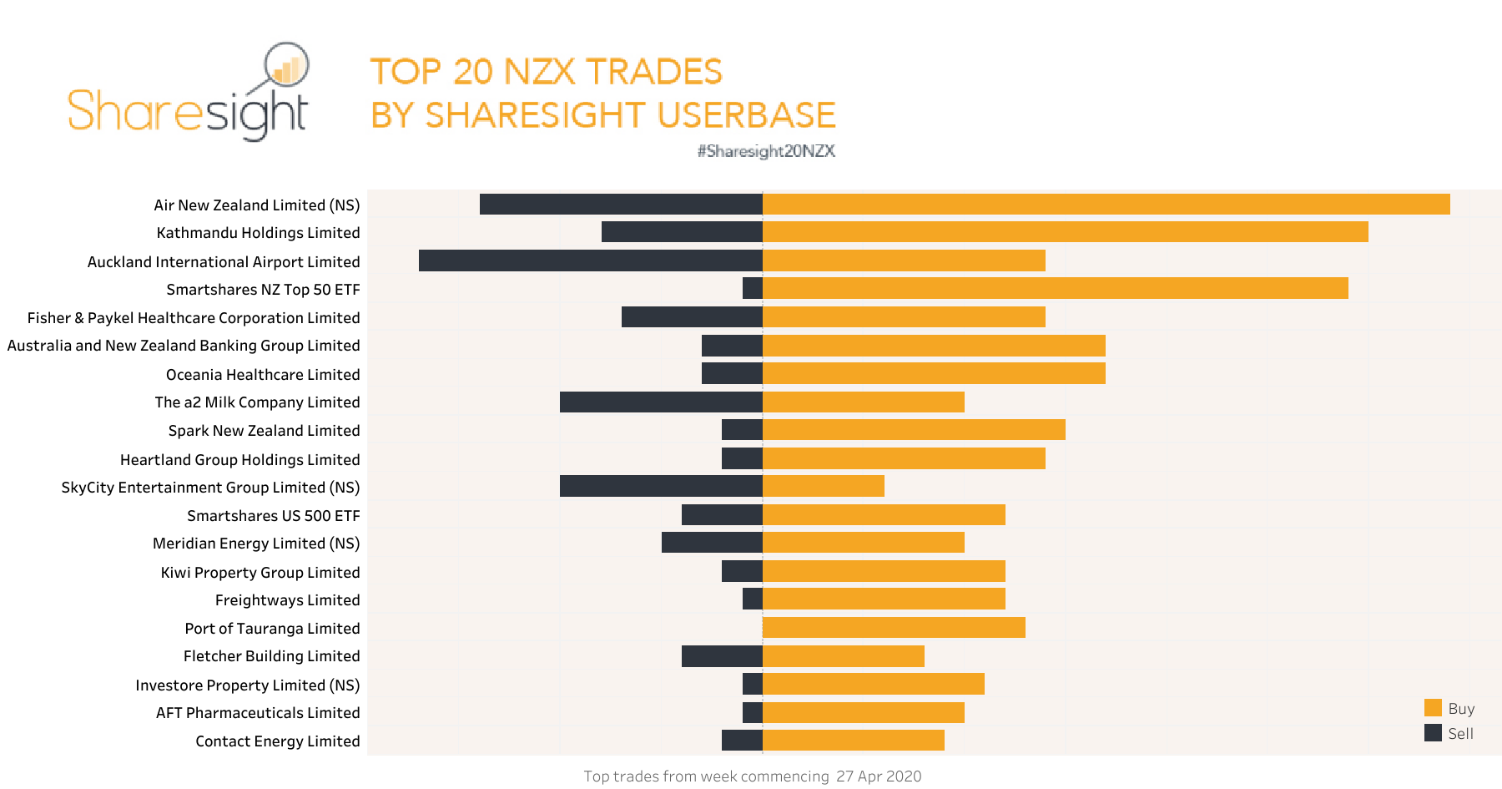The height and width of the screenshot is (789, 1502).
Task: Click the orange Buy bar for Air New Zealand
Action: click(1106, 204)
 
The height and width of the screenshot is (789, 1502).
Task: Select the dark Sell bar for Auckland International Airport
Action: click(590, 260)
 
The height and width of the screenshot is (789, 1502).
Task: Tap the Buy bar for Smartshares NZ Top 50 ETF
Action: click(1055, 288)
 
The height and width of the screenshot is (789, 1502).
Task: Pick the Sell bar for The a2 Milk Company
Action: click(660, 402)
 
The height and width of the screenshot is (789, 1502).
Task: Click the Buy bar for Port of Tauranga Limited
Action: click(893, 627)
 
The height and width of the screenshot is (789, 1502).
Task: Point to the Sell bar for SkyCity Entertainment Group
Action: click(660, 486)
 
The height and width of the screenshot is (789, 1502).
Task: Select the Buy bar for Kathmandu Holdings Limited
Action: click(1065, 231)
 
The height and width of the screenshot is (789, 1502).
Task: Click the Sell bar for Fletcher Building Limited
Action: click(721, 655)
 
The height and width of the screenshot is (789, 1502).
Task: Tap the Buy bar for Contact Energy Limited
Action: click(853, 740)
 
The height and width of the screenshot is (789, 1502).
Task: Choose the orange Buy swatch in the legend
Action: click(1433, 707)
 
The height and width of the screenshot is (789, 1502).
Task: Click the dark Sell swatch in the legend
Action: click(1433, 732)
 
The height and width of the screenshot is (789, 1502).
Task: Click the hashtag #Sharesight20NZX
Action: click(766, 151)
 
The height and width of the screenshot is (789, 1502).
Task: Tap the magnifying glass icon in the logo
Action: click(286, 65)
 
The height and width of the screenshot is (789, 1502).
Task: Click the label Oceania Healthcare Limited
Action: click(263, 374)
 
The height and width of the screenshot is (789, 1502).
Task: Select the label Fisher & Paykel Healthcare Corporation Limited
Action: click(194, 317)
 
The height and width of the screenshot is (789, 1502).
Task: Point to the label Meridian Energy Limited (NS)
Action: click(256, 543)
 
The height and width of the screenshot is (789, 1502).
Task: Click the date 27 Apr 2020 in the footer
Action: click(878, 776)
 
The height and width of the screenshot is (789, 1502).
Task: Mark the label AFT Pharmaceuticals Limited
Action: click(258, 712)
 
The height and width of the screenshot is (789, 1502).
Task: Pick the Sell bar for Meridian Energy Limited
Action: click(711, 542)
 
